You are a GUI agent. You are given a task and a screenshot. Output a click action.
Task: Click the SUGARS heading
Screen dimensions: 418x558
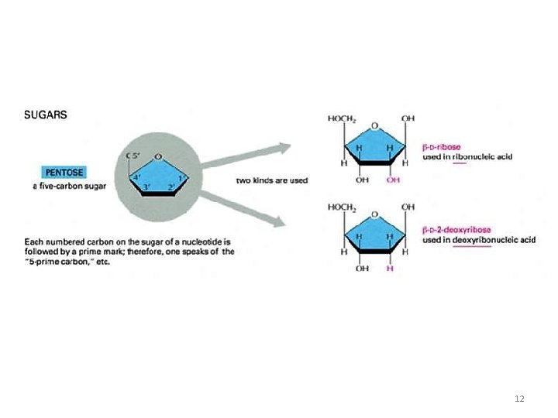click(x=46, y=115)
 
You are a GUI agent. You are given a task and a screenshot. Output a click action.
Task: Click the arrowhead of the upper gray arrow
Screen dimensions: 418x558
click(x=284, y=147)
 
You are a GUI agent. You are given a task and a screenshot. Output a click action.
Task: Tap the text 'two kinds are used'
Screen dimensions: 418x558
click(x=271, y=180)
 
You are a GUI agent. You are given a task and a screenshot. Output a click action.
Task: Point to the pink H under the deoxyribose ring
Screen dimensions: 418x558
click(x=390, y=269)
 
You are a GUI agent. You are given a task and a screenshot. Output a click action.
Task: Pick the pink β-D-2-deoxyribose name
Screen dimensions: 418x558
click(x=456, y=230)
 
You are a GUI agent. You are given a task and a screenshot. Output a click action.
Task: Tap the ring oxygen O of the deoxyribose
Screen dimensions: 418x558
click(x=375, y=216)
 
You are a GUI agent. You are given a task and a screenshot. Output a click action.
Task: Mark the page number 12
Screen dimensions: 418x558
click(x=519, y=398)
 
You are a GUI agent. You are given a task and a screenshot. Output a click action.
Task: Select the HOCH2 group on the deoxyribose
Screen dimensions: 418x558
click(x=342, y=207)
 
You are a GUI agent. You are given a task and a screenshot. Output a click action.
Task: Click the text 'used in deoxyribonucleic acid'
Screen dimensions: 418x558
click(x=479, y=240)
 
